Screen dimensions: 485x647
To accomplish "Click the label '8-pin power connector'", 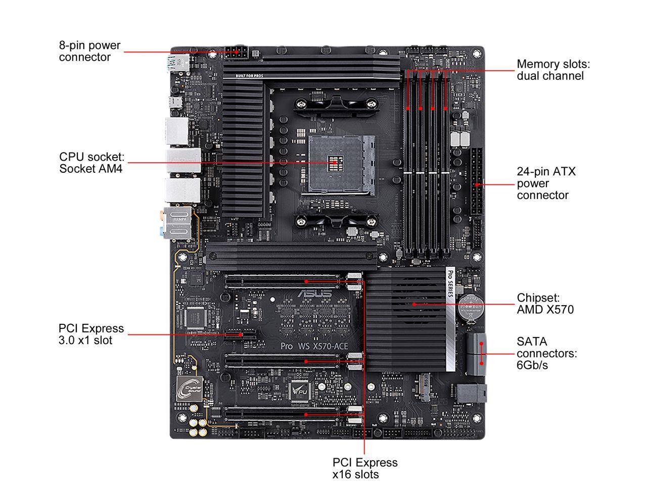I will point(89,51).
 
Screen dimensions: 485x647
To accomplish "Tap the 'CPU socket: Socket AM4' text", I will point(91,163).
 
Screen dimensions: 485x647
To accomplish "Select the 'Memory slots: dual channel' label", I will point(553,70).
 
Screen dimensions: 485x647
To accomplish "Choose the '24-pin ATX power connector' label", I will point(546,183).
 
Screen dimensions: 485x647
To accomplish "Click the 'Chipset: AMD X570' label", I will point(545,303).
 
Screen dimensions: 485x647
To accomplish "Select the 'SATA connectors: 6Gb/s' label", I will point(546,353).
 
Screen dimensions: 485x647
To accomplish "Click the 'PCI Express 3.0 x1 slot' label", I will point(91,334).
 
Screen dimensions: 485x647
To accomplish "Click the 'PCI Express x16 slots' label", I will point(364,468).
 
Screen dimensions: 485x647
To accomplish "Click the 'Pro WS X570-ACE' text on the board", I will point(314,346).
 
